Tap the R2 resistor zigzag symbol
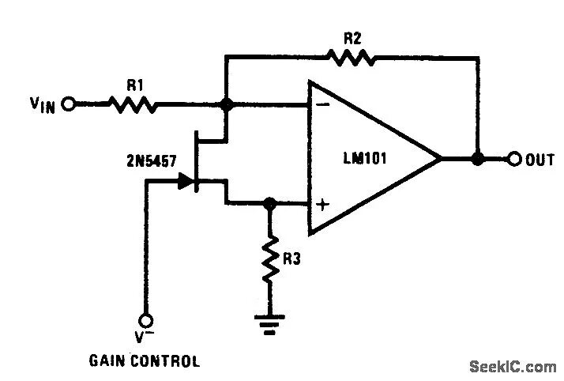tap(349, 57)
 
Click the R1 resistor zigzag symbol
tap(132, 104)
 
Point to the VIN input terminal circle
tap(69, 104)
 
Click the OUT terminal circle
tap(514, 159)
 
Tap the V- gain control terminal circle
tap(145, 320)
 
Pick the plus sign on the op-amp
tap(322, 205)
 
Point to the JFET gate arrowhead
tap(186, 182)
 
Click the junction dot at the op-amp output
tap(477, 159)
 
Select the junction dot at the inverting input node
tap(226, 104)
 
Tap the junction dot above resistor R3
tap(270, 203)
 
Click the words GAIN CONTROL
tap(145, 362)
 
